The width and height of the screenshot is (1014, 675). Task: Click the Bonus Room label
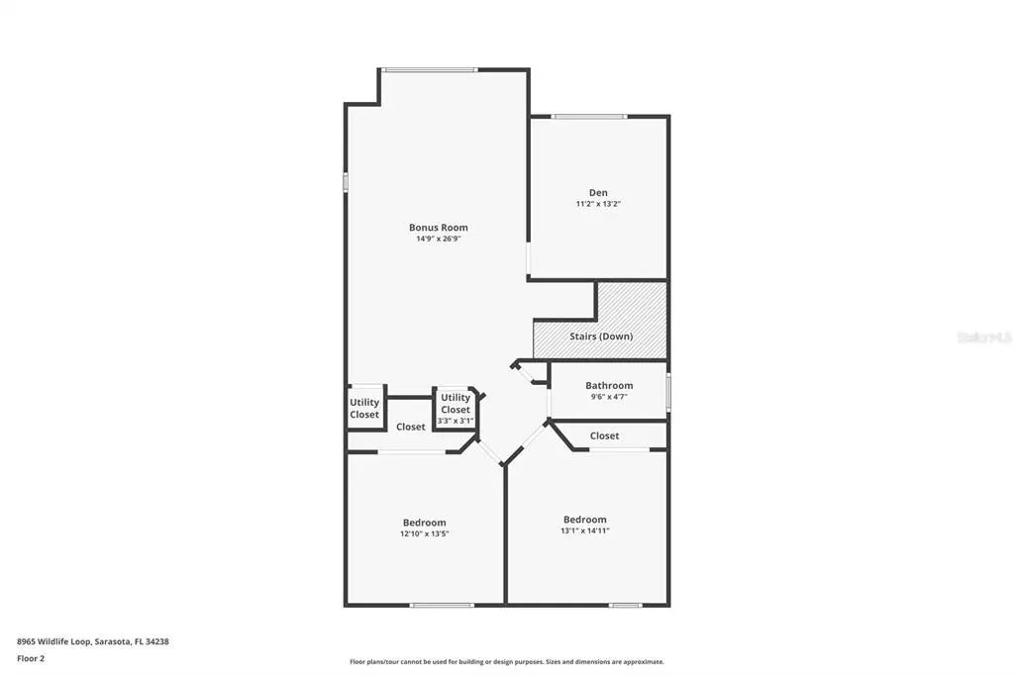pyautogui.click(x=438, y=228)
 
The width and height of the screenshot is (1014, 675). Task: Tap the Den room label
pyautogui.click(x=598, y=192)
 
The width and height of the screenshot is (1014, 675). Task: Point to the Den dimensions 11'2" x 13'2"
pyautogui.click(x=598, y=204)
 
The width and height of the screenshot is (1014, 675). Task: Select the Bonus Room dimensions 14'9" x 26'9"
pyautogui.click(x=438, y=239)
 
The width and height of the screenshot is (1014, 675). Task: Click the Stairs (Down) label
pyautogui.click(x=600, y=337)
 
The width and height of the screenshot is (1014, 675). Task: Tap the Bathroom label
pyautogui.click(x=608, y=385)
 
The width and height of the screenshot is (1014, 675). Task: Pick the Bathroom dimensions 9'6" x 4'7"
pyautogui.click(x=608, y=397)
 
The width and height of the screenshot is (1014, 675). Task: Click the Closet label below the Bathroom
pyautogui.click(x=604, y=435)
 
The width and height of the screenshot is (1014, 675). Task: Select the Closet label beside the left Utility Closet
pyautogui.click(x=410, y=427)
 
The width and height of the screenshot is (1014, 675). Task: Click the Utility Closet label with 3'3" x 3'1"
pyautogui.click(x=456, y=404)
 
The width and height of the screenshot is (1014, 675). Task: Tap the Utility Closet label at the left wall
pyautogui.click(x=364, y=408)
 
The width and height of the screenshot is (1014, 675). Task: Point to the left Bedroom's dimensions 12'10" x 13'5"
pyautogui.click(x=424, y=534)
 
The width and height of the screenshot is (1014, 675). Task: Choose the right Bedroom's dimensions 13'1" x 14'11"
pyautogui.click(x=584, y=530)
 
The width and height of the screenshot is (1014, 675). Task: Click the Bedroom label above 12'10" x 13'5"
pyautogui.click(x=424, y=523)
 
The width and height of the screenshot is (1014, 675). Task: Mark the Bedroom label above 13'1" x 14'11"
pyautogui.click(x=584, y=519)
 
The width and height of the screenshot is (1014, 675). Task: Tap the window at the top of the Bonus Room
pyautogui.click(x=430, y=69)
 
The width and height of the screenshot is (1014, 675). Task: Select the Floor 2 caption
pyautogui.click(x=31, y=658)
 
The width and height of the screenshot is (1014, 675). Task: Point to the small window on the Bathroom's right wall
pyautogui.click(x=668, y=390)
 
